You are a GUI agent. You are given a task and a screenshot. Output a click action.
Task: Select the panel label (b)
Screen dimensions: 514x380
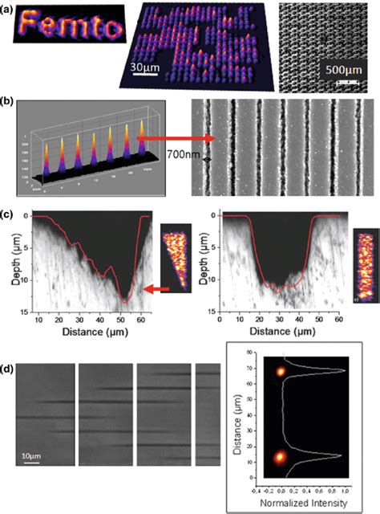click(11, 102)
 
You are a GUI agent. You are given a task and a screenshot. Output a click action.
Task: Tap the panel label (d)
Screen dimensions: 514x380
click(11, 349)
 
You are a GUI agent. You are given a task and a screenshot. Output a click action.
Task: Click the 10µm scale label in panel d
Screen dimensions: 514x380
click(29, 456)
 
